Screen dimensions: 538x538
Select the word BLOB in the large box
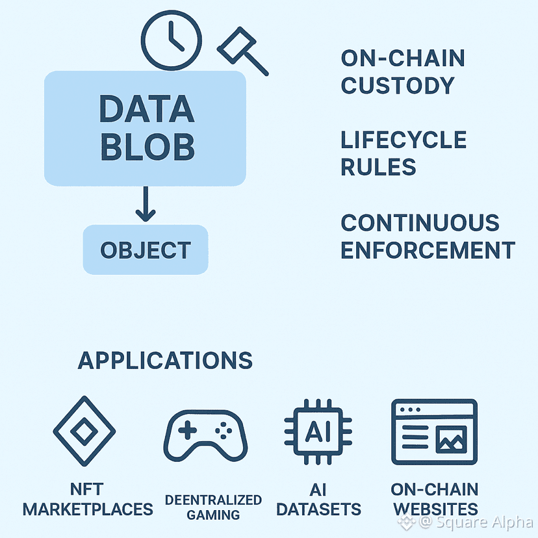146,147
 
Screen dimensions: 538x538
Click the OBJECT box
146,250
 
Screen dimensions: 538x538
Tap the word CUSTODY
398,85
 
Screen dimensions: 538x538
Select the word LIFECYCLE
403,140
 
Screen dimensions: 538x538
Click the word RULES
379,167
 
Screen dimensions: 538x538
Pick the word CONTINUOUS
420,223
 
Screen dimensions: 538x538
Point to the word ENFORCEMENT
428,250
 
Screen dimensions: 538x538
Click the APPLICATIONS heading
165,360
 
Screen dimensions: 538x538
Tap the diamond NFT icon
84,431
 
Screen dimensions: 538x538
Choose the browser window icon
434,432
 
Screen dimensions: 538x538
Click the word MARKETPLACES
88,509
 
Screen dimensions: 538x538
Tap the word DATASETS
318,509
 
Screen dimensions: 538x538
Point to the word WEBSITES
435,509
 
